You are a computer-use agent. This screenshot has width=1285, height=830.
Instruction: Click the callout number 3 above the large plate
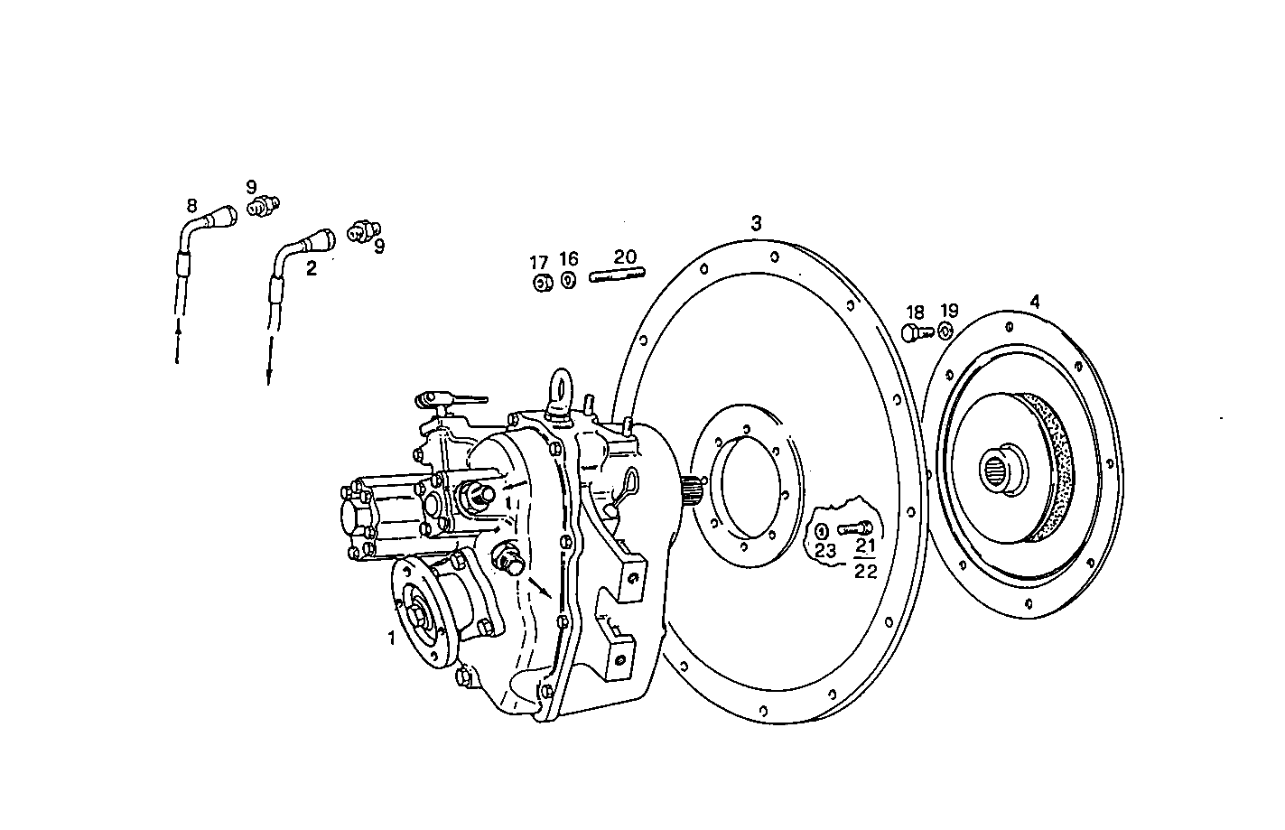coord(756,222)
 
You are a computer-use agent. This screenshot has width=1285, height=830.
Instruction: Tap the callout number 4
coord(1035,302)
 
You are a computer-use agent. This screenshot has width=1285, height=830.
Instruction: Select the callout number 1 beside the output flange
coord(392,638)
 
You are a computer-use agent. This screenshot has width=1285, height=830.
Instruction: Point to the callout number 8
coord(191,205)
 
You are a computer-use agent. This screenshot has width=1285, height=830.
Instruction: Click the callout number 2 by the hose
coord(312,268)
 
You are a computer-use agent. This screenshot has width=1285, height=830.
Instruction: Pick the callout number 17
coord(539,263)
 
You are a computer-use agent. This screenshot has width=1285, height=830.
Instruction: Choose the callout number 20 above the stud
coord(625,257)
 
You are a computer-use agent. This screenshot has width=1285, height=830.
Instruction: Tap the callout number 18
coord(915,312)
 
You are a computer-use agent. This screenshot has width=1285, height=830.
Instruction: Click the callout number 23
coord(825,549)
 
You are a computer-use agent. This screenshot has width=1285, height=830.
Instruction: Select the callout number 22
coord(865,571)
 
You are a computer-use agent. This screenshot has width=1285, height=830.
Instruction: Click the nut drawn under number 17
coord(542,284)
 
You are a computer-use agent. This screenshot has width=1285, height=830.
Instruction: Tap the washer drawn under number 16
coord(568,280)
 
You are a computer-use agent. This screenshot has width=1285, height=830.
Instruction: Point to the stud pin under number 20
coord(617,275)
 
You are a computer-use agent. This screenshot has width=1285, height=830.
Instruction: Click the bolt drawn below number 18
coord(914,334)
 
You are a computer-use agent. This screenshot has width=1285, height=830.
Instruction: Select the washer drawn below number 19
coord(945,331)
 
